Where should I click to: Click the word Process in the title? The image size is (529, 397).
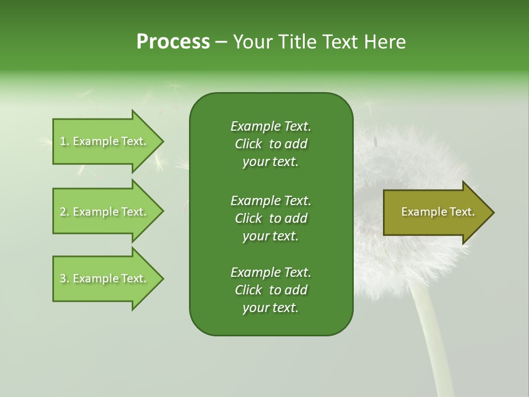pos(173,42)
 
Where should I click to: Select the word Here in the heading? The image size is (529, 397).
pos(385,42)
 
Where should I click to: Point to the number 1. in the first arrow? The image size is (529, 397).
pos(64,142)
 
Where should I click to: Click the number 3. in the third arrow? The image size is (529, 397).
pos(64,279)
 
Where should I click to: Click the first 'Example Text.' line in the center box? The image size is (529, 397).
pos(271,126)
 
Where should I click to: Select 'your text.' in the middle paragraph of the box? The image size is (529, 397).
pos(271,236)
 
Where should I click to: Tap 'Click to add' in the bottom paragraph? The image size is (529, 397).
pos(271,290)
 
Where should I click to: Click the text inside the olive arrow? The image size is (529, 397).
pos(438,212)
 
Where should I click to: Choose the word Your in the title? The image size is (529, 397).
pos(252,42)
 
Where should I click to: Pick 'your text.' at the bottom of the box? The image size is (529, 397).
pos(271,308)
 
